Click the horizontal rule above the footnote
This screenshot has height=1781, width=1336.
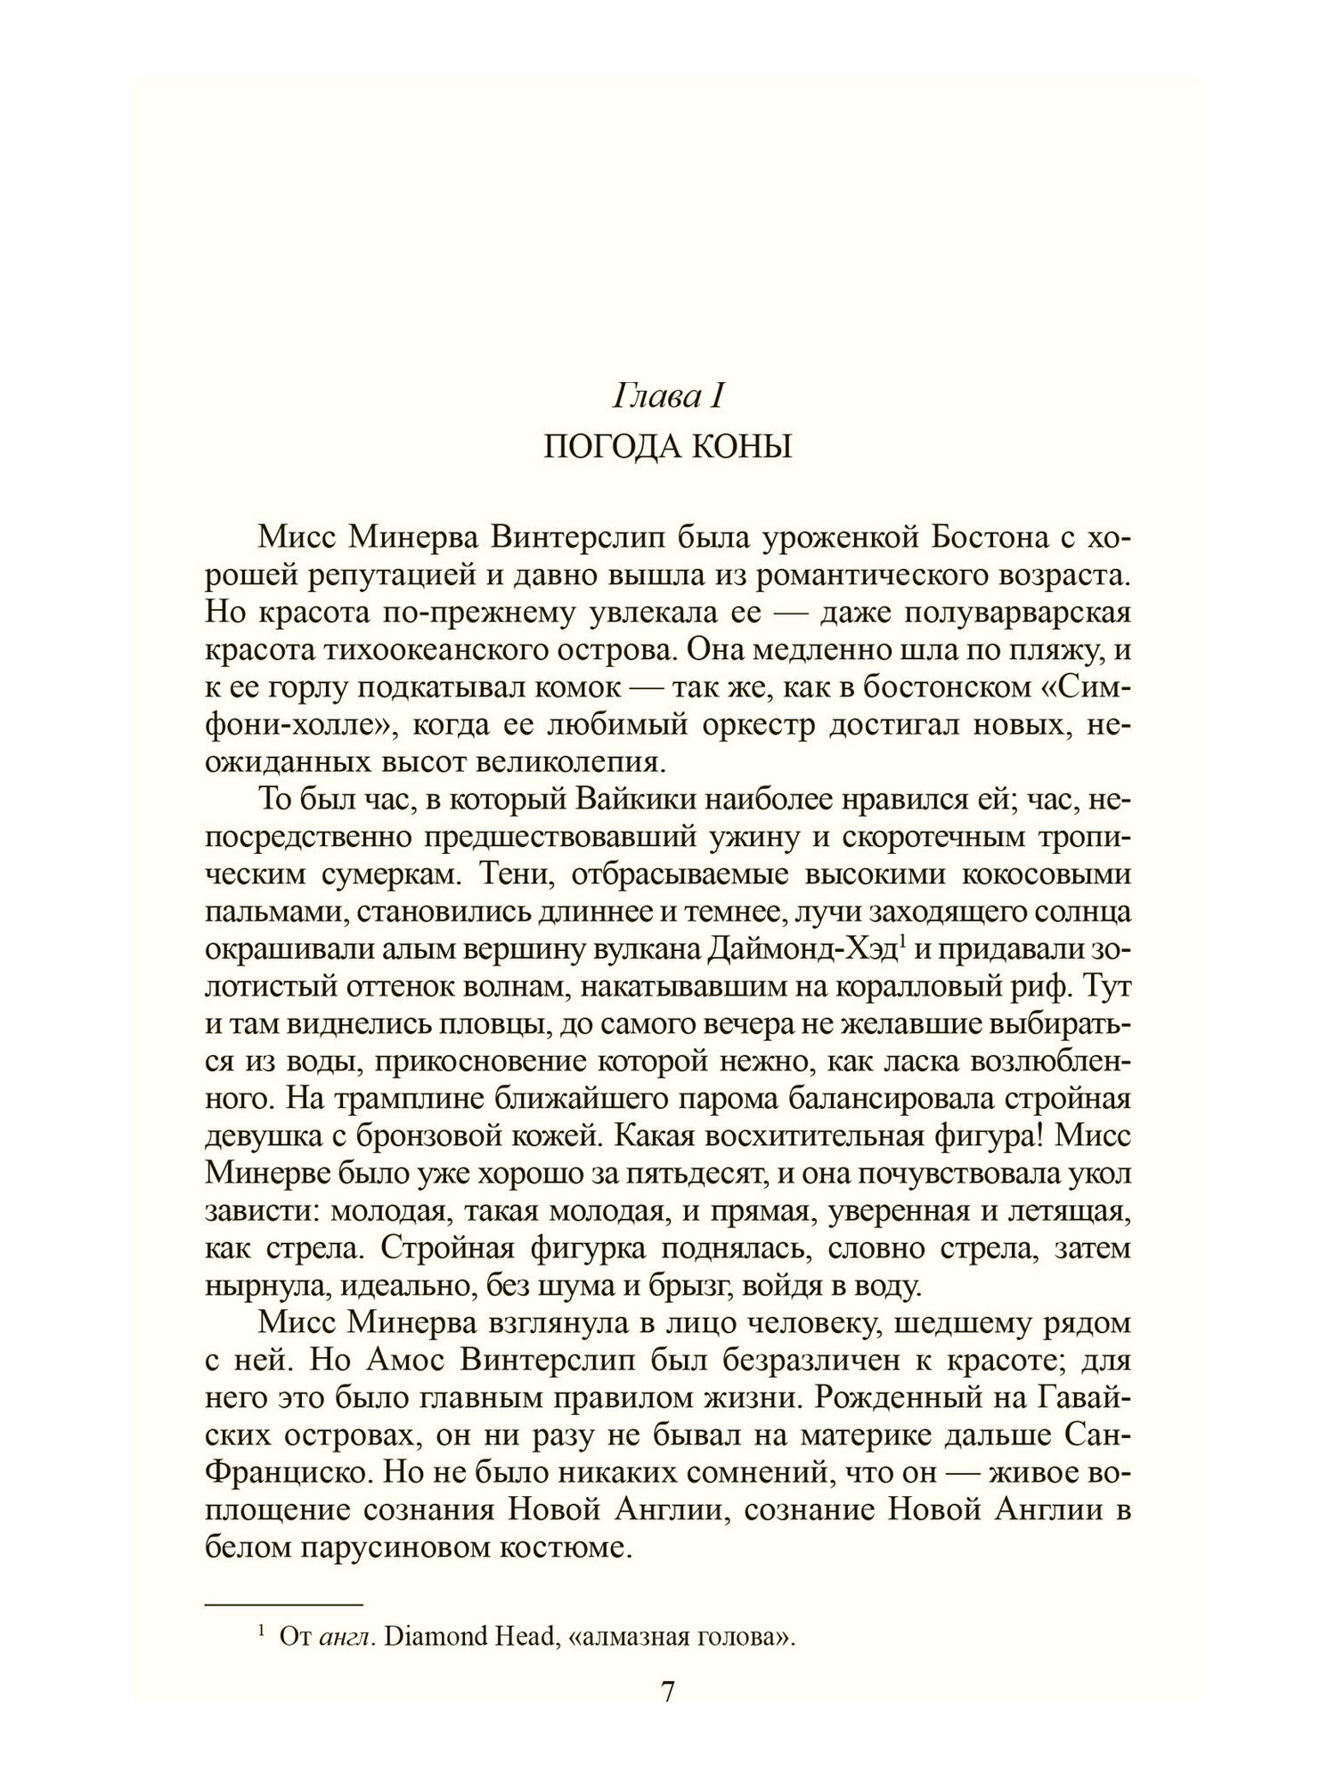click(285, 1604)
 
